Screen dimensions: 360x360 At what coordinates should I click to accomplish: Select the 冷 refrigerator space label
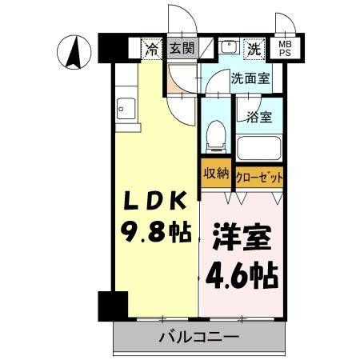coord(151,48)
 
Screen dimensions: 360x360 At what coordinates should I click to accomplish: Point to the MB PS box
coord(285,47)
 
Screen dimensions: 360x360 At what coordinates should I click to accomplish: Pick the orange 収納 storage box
coord(215,174)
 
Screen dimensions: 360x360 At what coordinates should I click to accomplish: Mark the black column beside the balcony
coord(113,307)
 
